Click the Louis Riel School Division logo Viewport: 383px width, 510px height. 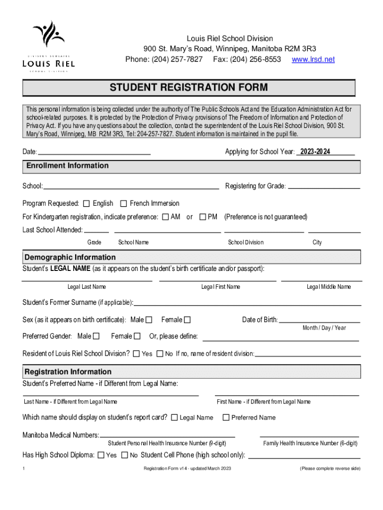[48, 47]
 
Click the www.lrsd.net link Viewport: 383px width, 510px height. [313, 59]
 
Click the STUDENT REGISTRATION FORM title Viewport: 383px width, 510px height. [189, 88]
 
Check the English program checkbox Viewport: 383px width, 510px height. [87, 204]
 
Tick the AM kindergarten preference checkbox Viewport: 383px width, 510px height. [166, 217]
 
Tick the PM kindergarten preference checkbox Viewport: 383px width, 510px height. [202, 217]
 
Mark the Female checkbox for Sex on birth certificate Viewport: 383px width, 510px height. [188, 320]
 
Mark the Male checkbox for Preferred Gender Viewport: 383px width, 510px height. [96, 336]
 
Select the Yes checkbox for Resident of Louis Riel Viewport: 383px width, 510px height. [136, 354]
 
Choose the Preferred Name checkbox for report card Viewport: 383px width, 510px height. [226, 418]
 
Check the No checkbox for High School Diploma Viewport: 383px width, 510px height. [124, 455]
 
